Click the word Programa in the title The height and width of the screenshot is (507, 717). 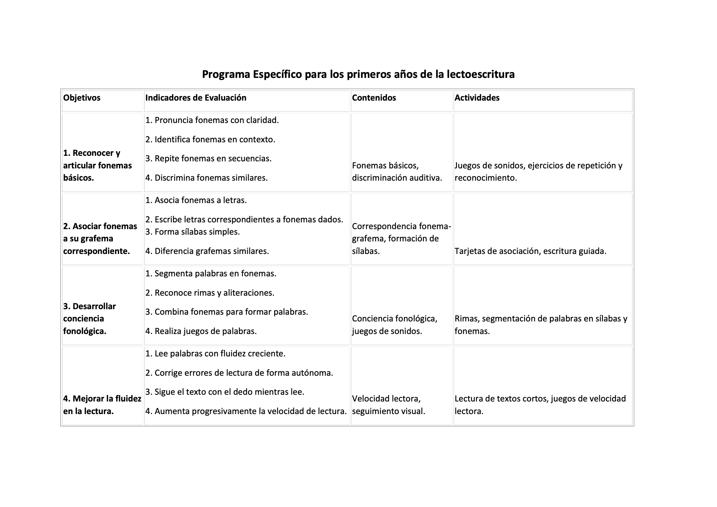[x=226, y=74]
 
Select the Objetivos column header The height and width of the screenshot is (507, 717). [x=82, y=98]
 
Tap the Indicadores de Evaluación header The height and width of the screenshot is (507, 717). [x=196, y=98]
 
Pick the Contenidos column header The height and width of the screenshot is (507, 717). [x=374, y=98]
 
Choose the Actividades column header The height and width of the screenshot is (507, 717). [x=477, y=98]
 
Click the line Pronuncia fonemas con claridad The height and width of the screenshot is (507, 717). [x=212, y=120]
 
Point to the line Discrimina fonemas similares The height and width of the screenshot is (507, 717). [x=206, y=178]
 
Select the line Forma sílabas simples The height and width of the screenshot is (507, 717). [x=192, y=232]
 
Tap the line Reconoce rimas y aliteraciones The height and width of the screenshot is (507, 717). [x=209, y=293]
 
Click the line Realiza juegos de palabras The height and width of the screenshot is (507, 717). [x=201, y=331]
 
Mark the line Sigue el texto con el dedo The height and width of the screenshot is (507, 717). [x=224, y=392]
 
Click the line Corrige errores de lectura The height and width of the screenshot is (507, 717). [x=239, y=373]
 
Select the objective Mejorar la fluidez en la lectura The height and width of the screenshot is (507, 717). [x=102, y=405]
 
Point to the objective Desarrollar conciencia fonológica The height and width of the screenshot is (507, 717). [x=89, y=319]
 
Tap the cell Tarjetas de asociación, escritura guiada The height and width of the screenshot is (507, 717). [x=530, y=251]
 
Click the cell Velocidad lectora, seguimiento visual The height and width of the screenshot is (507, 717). [x=388, y=405]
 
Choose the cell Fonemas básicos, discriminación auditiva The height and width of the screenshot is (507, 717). [x=397, y=171]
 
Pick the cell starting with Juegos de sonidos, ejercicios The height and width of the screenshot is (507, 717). [x=538, y=171]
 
